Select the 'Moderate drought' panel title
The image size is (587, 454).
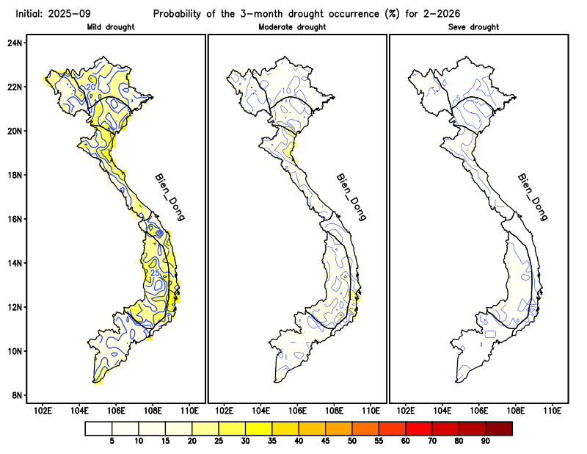coord(293,27)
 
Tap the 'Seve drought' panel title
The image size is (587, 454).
coord(473,27)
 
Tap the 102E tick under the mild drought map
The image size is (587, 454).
coord(43,410)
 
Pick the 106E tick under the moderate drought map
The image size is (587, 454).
coord(297,410)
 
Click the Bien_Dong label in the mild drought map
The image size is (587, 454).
coord(169,197)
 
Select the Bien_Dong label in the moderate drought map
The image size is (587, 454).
coord(351,197)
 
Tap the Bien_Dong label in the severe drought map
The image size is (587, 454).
coord(533,197)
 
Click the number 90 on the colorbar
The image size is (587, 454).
coord(486,442)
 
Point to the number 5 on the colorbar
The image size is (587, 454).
coord(112,442)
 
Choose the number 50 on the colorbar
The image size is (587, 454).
coord(352,442)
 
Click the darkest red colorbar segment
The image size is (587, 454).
coord(499,428)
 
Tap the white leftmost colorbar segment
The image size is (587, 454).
coord(98,428)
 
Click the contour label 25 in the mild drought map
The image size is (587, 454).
coord(155,273)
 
